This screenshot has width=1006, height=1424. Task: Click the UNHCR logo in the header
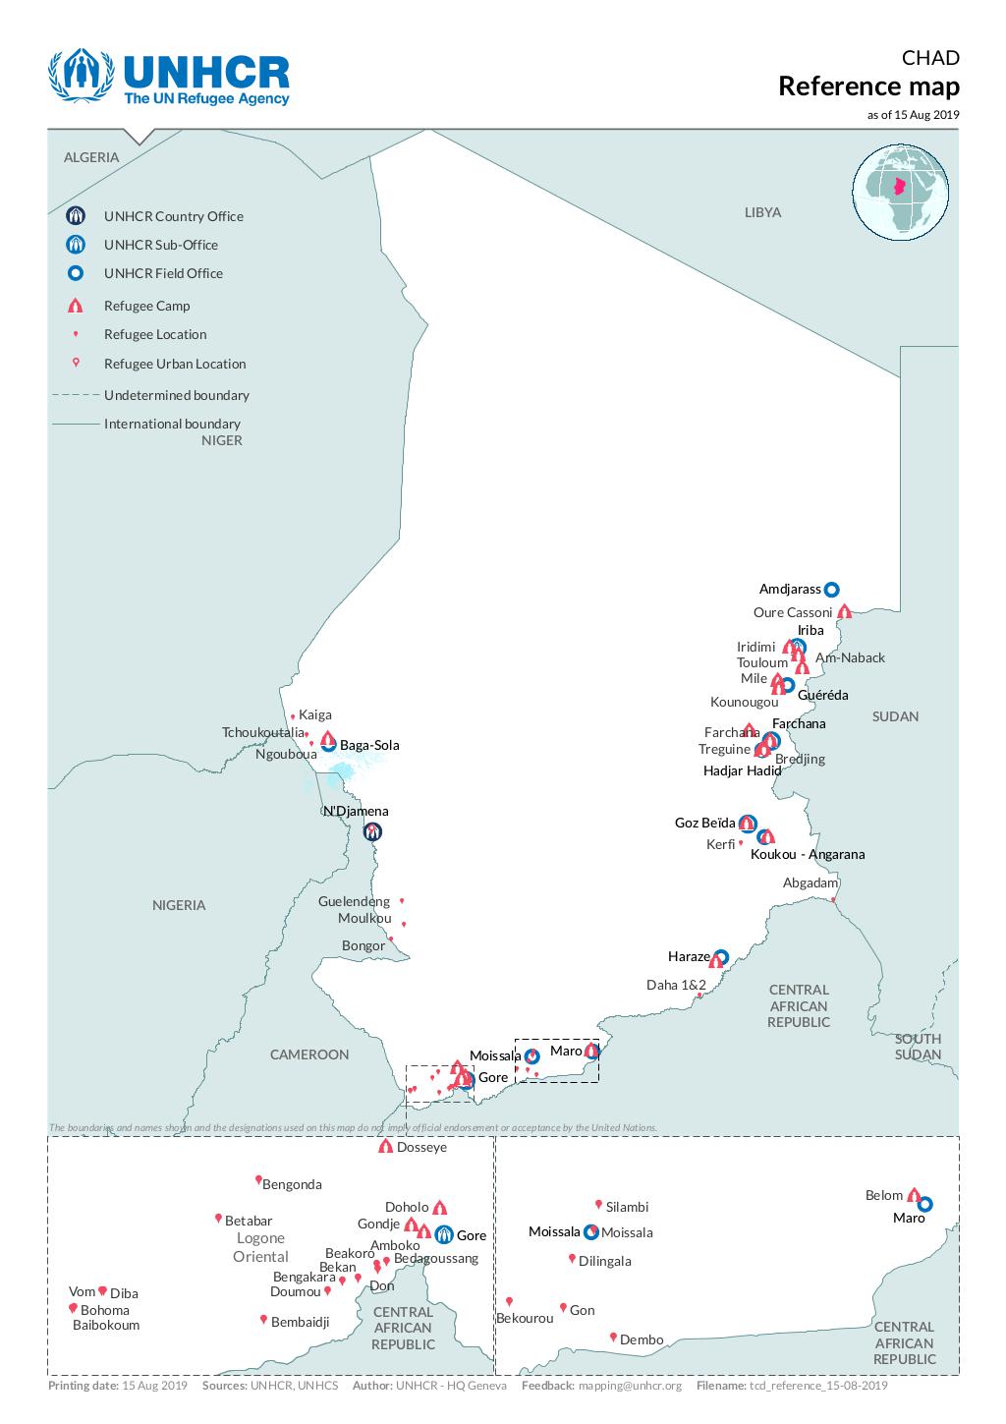pos(169,79)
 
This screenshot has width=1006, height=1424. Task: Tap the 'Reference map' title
pos(868,86)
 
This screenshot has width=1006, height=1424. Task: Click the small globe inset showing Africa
pos(900,192)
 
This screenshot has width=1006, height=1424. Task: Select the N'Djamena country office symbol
pos(372,832)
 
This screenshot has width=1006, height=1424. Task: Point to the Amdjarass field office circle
pos(831,590)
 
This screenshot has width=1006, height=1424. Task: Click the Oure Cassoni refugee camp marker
pos(844,611)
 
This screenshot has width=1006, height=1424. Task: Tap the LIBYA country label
pos(762,212)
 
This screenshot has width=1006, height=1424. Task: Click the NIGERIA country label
pos(179,905)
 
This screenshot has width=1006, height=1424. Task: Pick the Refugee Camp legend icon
pos(76,306)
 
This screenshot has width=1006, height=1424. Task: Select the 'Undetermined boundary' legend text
pos(177,395)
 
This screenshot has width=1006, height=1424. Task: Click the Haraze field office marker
pos(721,956)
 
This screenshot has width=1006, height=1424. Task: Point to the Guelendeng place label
pos(354,901)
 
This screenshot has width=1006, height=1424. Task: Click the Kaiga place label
pos(315,714)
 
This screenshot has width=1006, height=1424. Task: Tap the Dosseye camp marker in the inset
pos(385,1146)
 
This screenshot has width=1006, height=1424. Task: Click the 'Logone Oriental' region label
pos(260,1247)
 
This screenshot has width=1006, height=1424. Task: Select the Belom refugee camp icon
pos(913,1194)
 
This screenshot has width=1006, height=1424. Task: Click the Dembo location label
pos(642,1339)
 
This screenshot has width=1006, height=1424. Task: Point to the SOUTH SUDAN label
pos(918,1047)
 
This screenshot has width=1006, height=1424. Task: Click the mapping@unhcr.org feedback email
pos(629,1386)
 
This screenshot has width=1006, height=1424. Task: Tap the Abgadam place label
pos(810,883)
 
